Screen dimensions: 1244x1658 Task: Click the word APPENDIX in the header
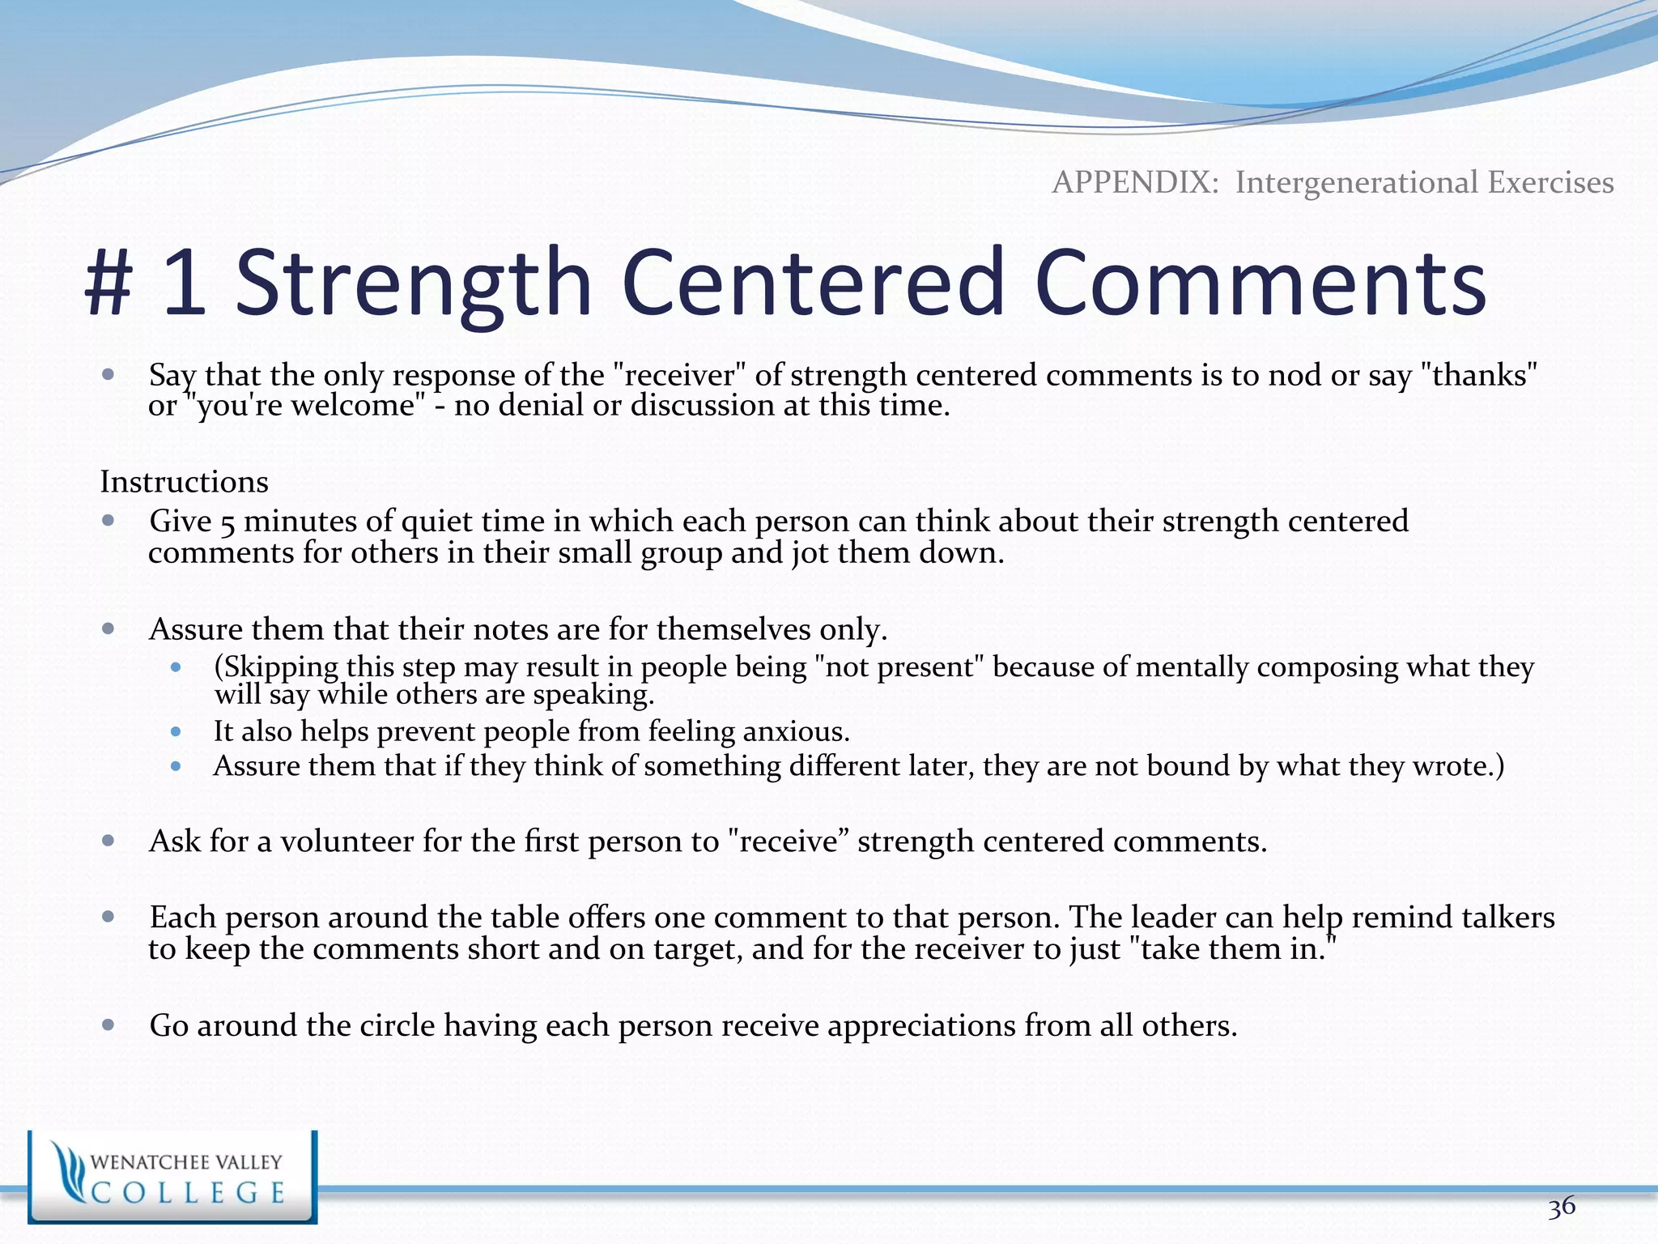click(x=1134, y=182)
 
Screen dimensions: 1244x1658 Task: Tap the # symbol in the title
click(x=108, y=283)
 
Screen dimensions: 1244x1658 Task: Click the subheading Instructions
click(x=184, y=482)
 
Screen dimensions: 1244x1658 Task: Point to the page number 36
click(x=1562, y=1207)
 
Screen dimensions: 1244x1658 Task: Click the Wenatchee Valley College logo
click(x=172, y=1177)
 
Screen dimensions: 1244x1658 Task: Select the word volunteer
click(x=347, y=841)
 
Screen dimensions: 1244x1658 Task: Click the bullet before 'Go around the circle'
click(x=108, y=1025)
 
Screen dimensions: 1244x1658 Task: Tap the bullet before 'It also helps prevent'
click(x=176, y=731)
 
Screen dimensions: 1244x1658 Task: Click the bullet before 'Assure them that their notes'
click(x=108, y=628)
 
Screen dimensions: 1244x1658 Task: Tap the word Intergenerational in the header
click(x=1357, y=182)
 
